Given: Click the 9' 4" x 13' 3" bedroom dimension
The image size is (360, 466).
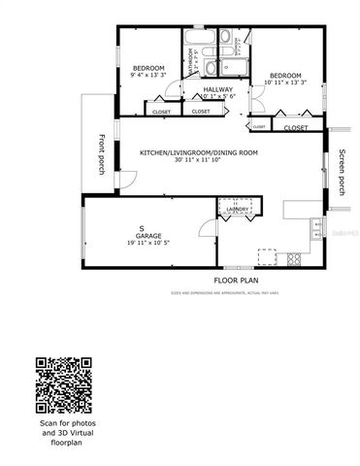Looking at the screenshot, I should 149,74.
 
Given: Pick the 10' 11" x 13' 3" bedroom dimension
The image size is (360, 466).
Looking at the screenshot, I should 284,83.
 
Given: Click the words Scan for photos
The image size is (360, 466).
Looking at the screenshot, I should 67,424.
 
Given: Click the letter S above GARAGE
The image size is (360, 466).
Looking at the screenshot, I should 141,228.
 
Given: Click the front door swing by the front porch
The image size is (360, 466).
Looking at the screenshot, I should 124,182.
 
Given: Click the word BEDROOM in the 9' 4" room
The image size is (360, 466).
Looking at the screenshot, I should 148,66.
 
